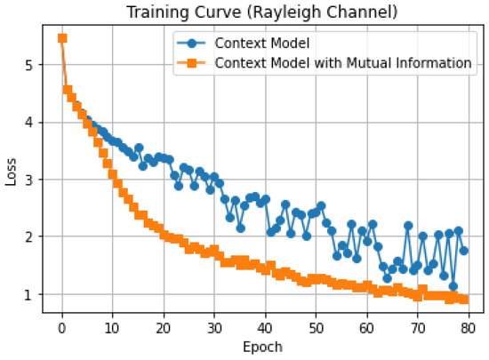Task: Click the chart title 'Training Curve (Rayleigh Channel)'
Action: [262, 12]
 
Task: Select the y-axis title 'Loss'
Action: [11, 172]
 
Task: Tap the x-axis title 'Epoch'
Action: [262, 347]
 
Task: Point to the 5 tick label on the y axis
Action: [29, 65]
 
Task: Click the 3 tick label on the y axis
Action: [29, 180]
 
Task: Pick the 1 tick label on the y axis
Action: [29, 294]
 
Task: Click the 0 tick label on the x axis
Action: [62, 328]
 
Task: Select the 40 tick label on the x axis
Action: [265, 328]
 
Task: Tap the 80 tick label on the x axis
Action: [469, 328]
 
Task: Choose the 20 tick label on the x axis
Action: [164, 328]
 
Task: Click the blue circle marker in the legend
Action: [191, 43]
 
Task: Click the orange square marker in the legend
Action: [191, 63]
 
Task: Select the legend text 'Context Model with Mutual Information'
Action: [343, 63]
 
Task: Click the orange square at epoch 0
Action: [62, 38]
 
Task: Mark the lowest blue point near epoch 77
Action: [453, 286]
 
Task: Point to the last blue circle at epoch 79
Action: [464, 251]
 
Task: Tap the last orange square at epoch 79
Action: [464, 300]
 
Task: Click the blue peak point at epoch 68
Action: [408, 226]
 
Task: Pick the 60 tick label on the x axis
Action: [366, 328]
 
